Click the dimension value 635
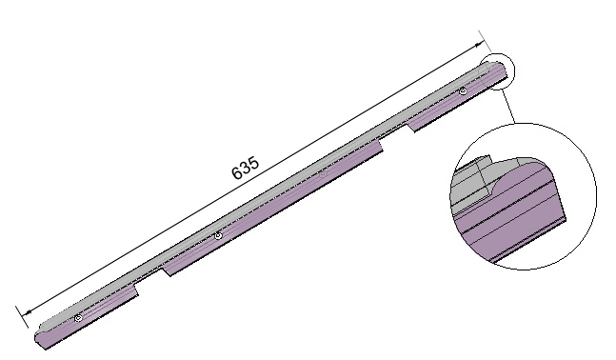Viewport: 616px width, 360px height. tap(246, 168)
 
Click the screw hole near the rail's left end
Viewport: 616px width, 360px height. tap(78, 317)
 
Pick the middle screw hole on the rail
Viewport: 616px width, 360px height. tap(218, 235)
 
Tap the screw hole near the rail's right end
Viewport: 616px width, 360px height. tap(462, 91)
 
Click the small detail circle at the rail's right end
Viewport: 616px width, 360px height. tap(497, 73)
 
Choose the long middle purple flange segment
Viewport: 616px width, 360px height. tap(276, 210)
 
